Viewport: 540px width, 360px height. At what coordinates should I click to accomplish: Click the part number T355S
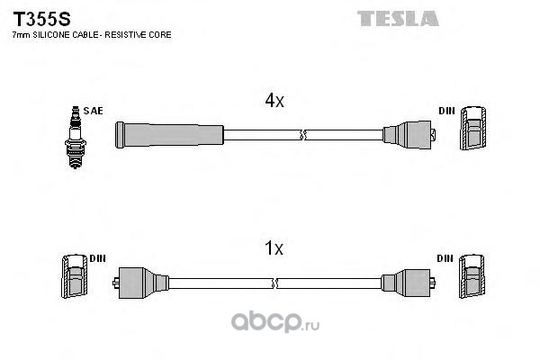(x=41, y=19)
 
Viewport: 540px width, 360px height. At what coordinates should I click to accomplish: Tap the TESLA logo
(x=398, y=18)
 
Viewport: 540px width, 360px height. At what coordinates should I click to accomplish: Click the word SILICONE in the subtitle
(x=51, y=35)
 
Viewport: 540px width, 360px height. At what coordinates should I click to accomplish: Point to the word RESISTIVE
(x=125, y=35)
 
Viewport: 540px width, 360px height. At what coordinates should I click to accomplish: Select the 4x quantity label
(x=274, y=100)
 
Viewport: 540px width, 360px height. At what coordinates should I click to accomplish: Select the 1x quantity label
(x=274, y=248)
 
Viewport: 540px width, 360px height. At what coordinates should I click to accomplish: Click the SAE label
(x=93, y=111)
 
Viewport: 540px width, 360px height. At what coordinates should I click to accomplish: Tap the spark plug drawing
(x=76, y=137)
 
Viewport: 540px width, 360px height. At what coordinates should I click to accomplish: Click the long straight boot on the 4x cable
(x=169, y=135)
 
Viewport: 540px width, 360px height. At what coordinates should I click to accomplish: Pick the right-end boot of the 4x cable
(x=409, y=135)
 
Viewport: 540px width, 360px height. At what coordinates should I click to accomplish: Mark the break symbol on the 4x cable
(x=303, y=135)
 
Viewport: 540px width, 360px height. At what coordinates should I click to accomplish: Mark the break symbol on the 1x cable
(x=274, y=283)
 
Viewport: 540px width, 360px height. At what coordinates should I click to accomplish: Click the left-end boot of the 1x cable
(x=140, y=283)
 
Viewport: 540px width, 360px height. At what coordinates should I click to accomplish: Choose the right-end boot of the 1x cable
(x=408, y=283)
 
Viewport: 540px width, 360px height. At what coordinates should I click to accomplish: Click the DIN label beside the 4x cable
(x=446, y=111)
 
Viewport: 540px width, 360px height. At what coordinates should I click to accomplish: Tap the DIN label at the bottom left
(x=98, y=258)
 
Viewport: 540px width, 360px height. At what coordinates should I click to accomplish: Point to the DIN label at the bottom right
(x=445, y=258)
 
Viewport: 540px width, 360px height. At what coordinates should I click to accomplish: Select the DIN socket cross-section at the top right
(x=473, y=128)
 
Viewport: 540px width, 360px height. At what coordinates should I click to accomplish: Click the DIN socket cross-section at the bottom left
(x=75, y=276)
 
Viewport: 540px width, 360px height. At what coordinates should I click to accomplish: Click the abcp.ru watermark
(x=275, y=322)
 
